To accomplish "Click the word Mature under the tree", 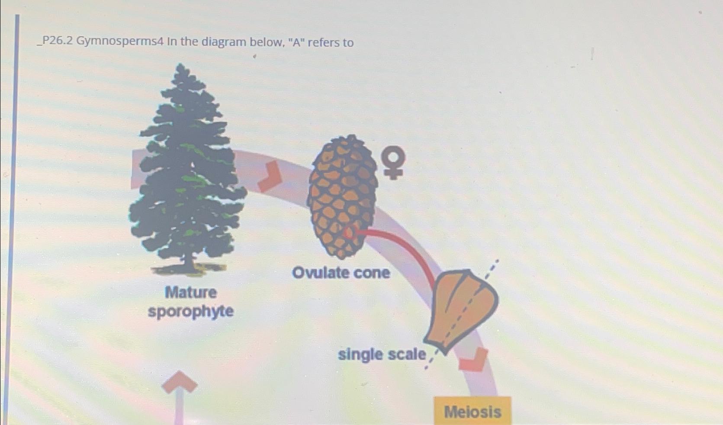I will pyautogui.click(x=191, y=293).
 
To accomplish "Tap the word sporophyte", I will pyautogui.click(x=191, y=312).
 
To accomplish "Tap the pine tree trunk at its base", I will pyautogui.click(x=189, y=264).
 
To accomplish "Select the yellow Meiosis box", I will pyautogui.click(x=472, y=411).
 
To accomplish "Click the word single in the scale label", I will pyautogui.click(x=360, y=355).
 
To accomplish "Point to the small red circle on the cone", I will pyautogui.click(x=348, y=233).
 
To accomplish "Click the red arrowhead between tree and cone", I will pyautogui.click(x=270, y=177).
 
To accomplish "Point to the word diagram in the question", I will pyautogui.click(x=221, y=42).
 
